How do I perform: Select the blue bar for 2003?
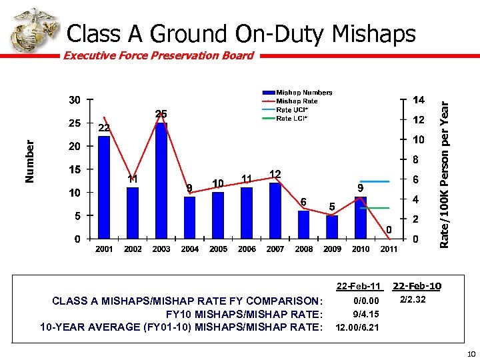tap(161, 180)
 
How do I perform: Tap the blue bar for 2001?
tap(104, 187)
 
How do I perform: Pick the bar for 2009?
tap(332, 227)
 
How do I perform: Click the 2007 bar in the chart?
tap(275, 210)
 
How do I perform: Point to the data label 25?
tap(161, 114)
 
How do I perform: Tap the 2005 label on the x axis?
tap(219, 249)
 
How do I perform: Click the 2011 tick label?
tap(389, 249)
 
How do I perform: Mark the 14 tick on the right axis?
tap(418, 100)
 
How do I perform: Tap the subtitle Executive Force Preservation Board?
tap(158, 55)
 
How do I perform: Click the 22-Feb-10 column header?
tap(417, 287)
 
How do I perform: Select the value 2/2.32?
tap(411, 301)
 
